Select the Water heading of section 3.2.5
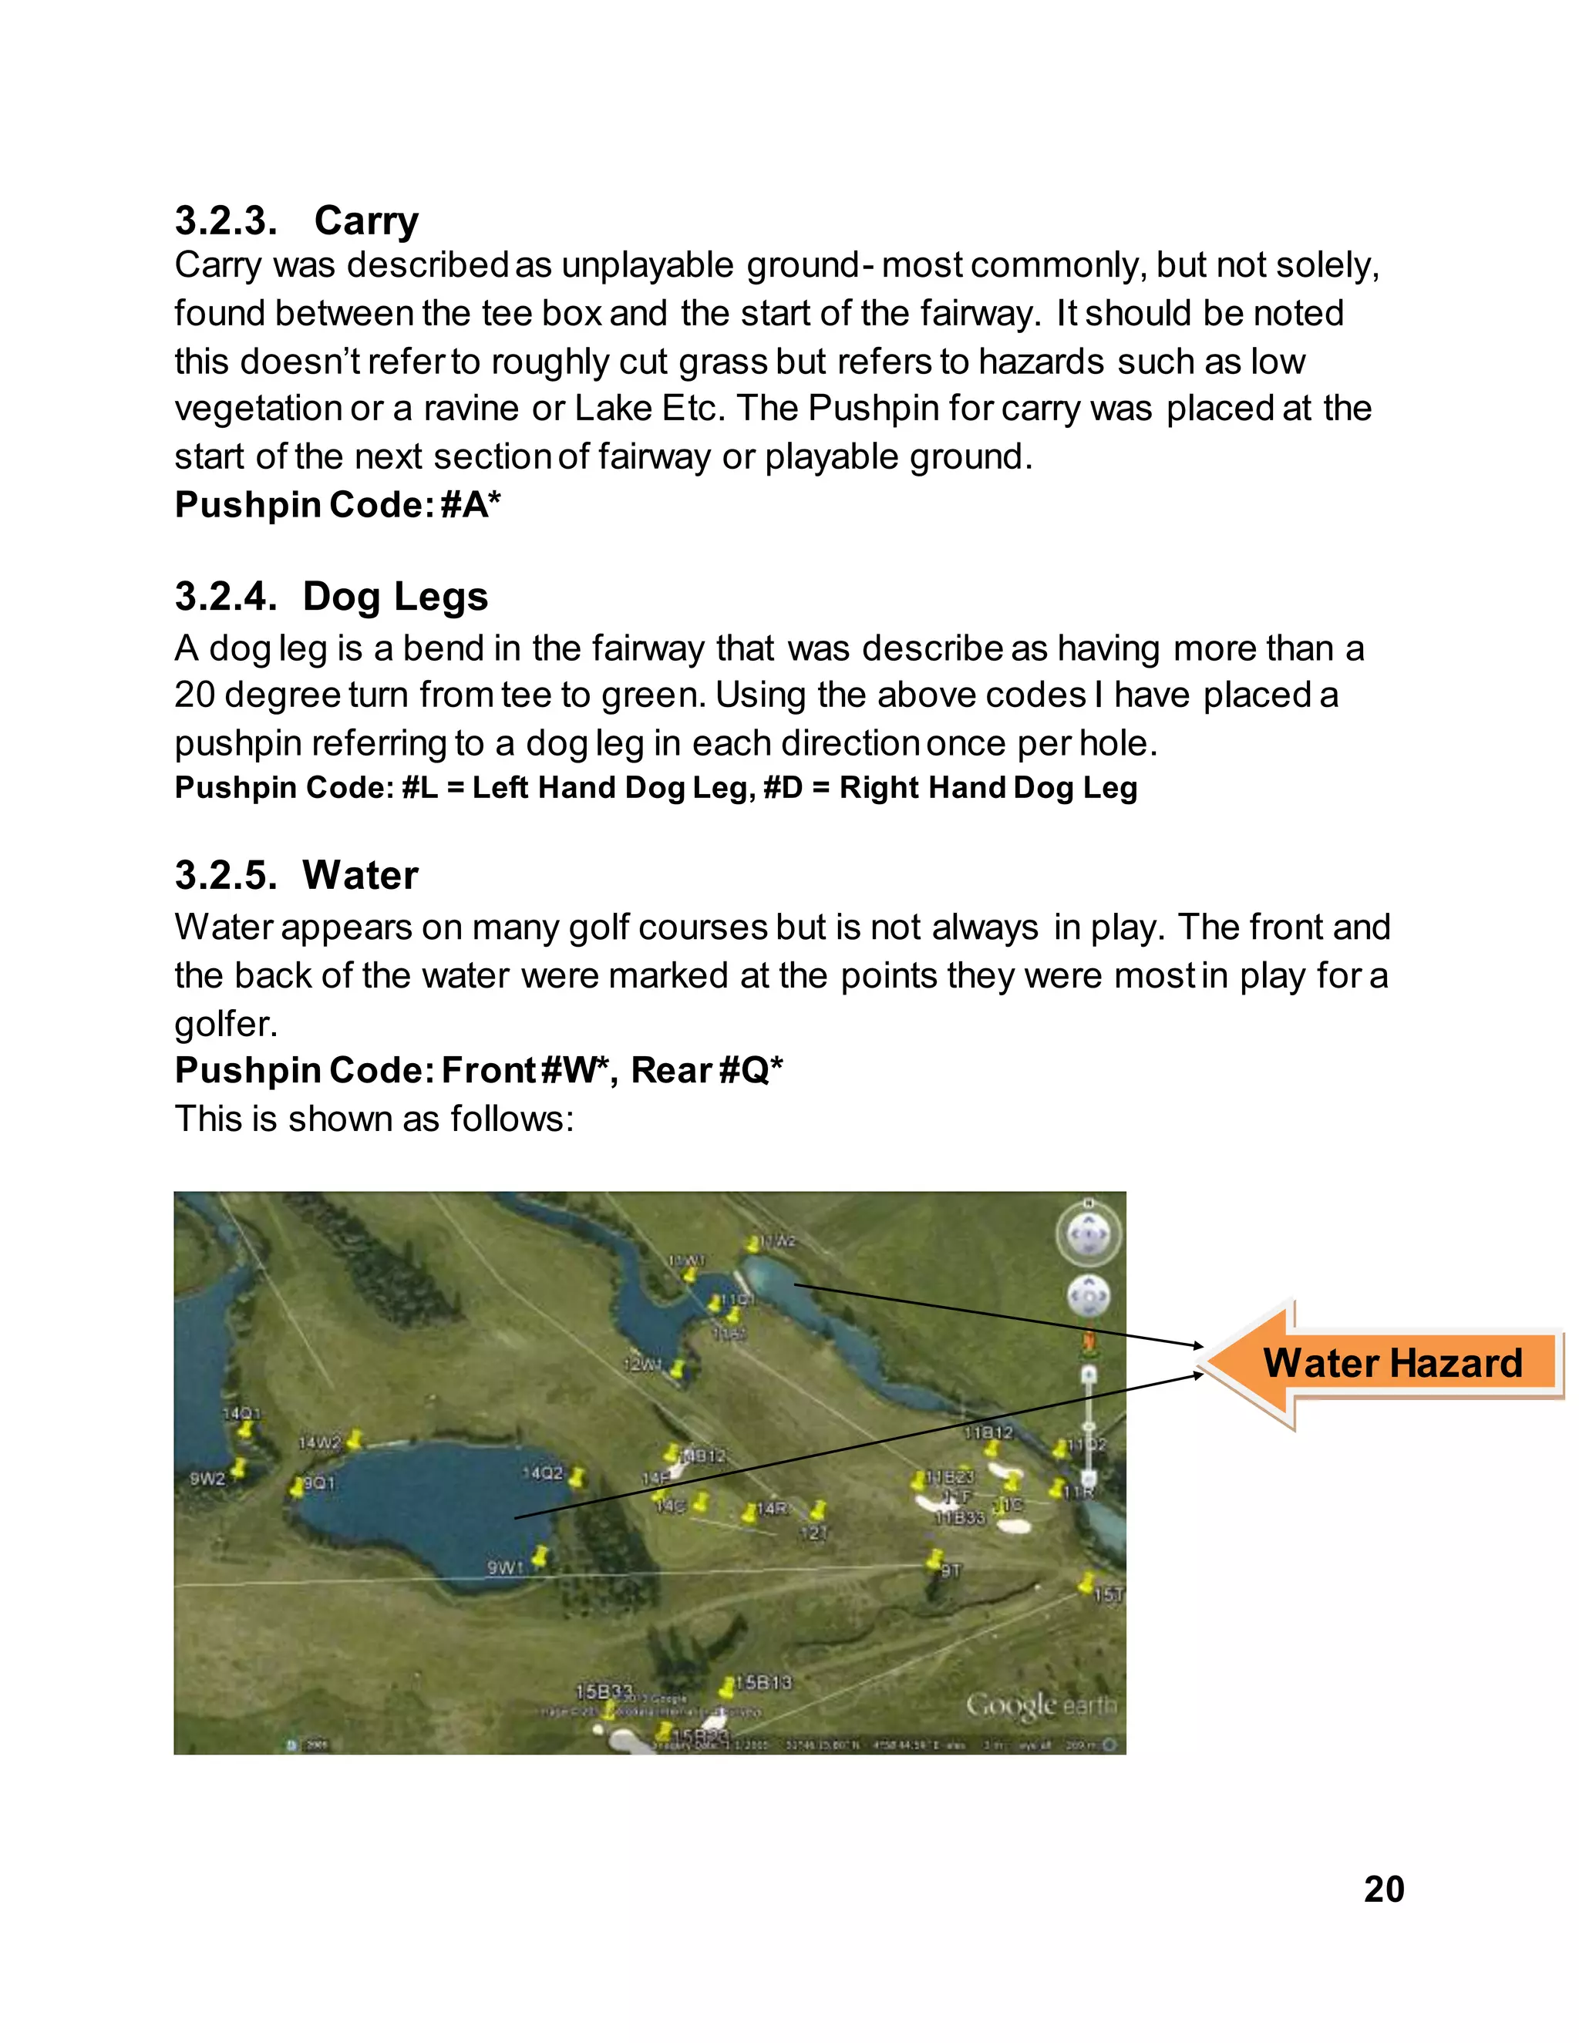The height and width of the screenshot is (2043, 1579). pyautogui.click(x=359, y=876)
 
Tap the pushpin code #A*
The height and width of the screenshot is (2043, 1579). pyautogui.click(x=470, y=505)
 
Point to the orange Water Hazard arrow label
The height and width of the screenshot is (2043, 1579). pyautogui.click(x=1392, y=1363)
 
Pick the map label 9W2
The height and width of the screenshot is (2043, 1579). pyautogui.click(x=207, y=1479)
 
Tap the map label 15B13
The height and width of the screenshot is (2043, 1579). pyautogui.click(x=763, y=1683)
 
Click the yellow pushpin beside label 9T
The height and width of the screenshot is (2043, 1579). pyautogui.click(x=934, y=1557)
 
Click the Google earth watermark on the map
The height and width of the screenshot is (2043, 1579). pyautogui.click(x=1040, y=1705)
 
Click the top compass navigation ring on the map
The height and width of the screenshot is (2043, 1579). pyautogui.click(x=1088, y=1235)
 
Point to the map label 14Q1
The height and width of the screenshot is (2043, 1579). pyautogui.click(x=241, y=1413)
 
